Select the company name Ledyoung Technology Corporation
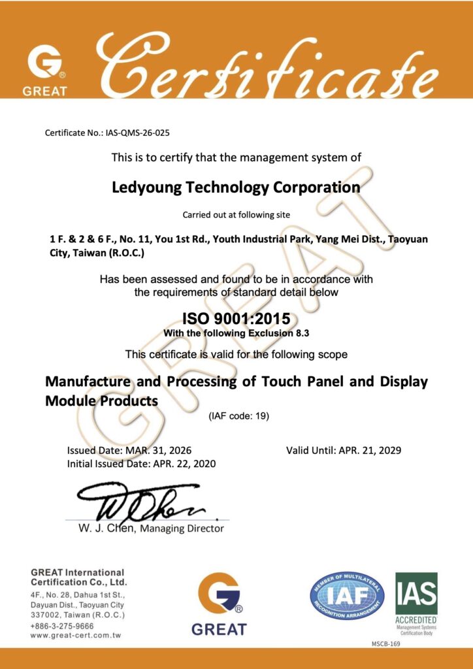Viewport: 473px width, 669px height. (x=236, y=188)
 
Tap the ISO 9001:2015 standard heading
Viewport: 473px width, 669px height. (x=236, y=319)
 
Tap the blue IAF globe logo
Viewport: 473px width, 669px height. (x=347, y=596)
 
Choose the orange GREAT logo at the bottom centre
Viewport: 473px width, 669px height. (x=219, y=602)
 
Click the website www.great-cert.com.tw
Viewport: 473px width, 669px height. (x=75, y=635)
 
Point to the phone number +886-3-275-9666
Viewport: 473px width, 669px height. (x=61, y=625)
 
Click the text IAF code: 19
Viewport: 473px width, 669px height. (x=238, y=416)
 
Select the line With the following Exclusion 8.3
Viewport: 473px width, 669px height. (x=236, y=333)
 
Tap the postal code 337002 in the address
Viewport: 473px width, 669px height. (x=45, y=615)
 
